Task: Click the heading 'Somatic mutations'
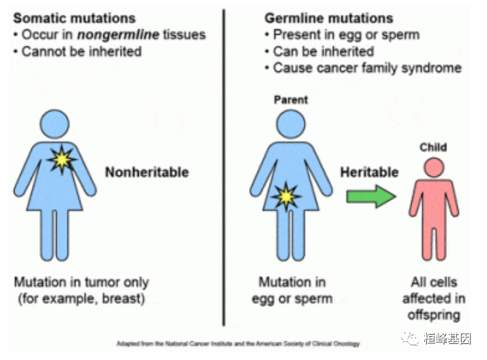[74, 18]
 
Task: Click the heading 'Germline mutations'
[329, 18]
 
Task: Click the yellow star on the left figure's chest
[62, 159]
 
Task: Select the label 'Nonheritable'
[147, 173]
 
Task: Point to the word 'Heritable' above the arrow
[370, 173]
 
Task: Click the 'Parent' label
[291, 99]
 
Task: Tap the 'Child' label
[433, 147]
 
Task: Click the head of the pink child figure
[434, 167]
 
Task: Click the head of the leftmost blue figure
[55, 123]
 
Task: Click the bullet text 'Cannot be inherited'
[81, 51]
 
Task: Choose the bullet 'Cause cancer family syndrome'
[367, 68]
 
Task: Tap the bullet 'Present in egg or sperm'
[346, 35]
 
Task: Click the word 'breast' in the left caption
[123, 298]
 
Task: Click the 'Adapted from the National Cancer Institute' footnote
[238, 344]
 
